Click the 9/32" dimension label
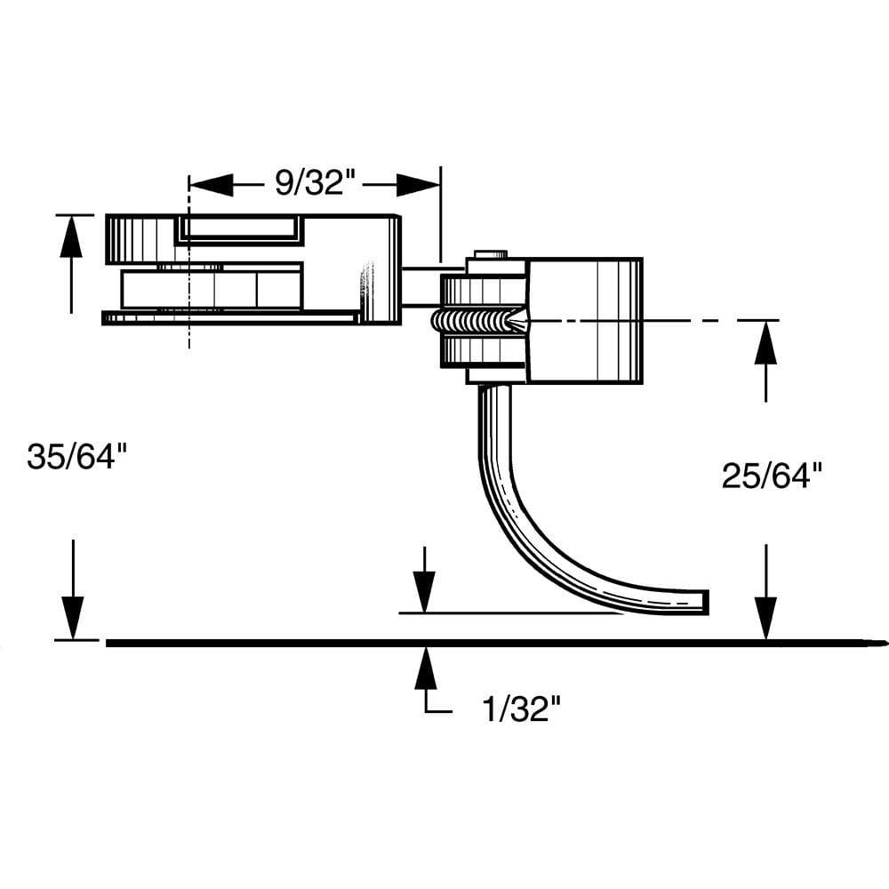tap(315, 184)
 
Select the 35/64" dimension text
tap(77, 457)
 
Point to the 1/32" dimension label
tap(522, 709)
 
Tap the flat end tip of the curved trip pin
tap(706, 602)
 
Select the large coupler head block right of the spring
tap(584, 320)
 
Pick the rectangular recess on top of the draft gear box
tap(240, 229)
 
